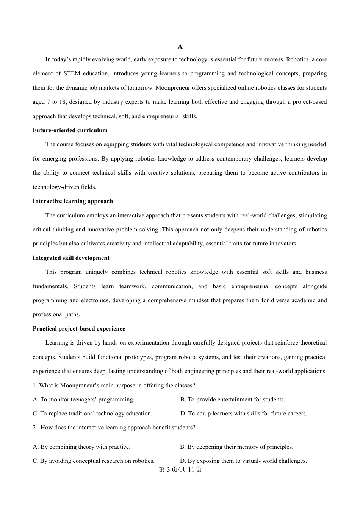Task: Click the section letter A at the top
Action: [180, 47]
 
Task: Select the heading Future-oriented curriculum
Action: [70, 130]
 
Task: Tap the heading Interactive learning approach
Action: [73, 201]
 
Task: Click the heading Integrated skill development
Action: [71, 258]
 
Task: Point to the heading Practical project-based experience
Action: [79, 329]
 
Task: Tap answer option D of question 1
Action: [244, 414]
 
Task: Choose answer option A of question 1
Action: [84, 400]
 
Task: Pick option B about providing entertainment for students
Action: [233, 400]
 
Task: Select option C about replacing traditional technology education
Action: [92, 414]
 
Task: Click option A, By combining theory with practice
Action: [81, 447]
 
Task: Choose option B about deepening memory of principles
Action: [236, 447]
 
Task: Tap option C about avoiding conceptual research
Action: [94, 461]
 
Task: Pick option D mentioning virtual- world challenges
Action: [243, 461]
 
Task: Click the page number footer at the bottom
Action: [180, 470]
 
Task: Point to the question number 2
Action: [34, 428]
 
